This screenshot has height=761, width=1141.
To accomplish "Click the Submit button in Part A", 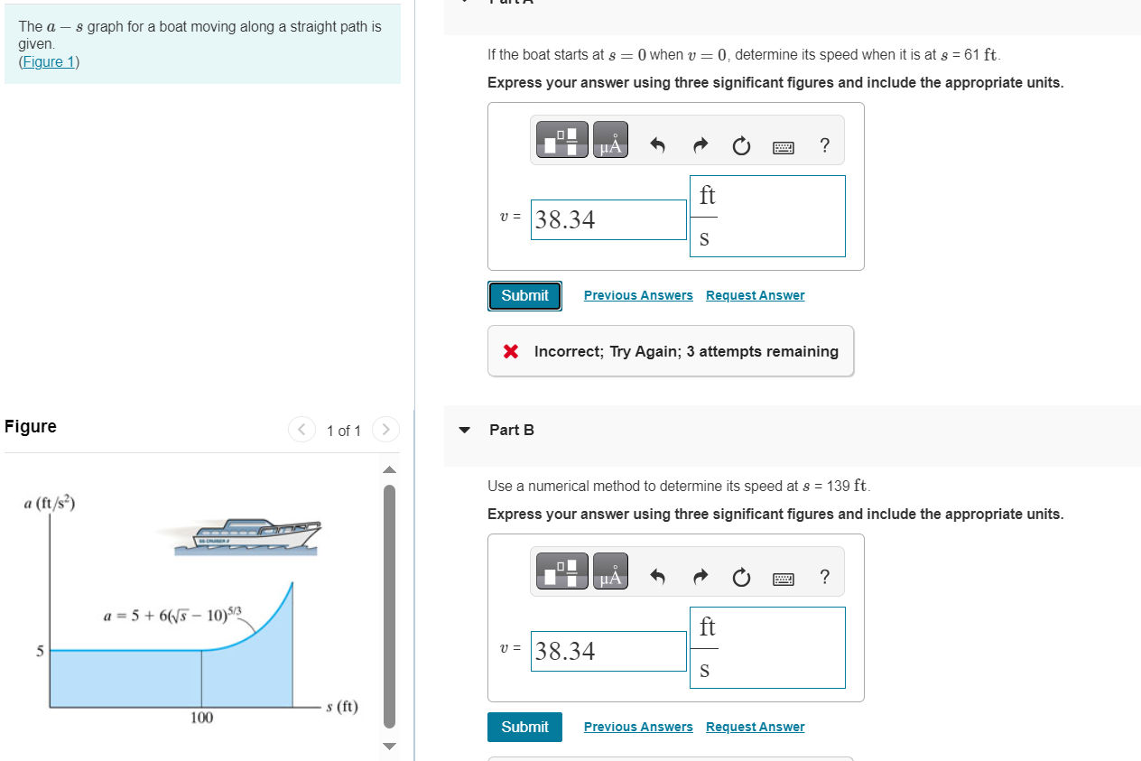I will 524,295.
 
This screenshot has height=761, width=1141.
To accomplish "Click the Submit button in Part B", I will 524,727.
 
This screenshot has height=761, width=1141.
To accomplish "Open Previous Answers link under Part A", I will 638,295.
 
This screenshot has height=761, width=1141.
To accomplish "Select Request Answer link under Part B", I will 755,727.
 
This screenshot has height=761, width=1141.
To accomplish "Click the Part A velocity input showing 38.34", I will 608,219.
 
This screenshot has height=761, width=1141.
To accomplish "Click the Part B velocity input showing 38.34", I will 608,651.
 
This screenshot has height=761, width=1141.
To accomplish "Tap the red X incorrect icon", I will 511,351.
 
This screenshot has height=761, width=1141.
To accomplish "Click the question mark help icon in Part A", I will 824,145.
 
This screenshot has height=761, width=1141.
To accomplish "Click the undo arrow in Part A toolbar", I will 658,145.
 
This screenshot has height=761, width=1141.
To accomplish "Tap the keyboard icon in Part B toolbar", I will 783,577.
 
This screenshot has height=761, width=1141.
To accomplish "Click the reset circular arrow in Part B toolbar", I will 741,577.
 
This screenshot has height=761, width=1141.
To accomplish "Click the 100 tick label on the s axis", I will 201,718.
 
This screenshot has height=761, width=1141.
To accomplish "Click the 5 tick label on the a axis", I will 40,650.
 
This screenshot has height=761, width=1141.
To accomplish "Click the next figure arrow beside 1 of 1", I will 385,430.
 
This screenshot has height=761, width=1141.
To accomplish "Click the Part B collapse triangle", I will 464,430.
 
